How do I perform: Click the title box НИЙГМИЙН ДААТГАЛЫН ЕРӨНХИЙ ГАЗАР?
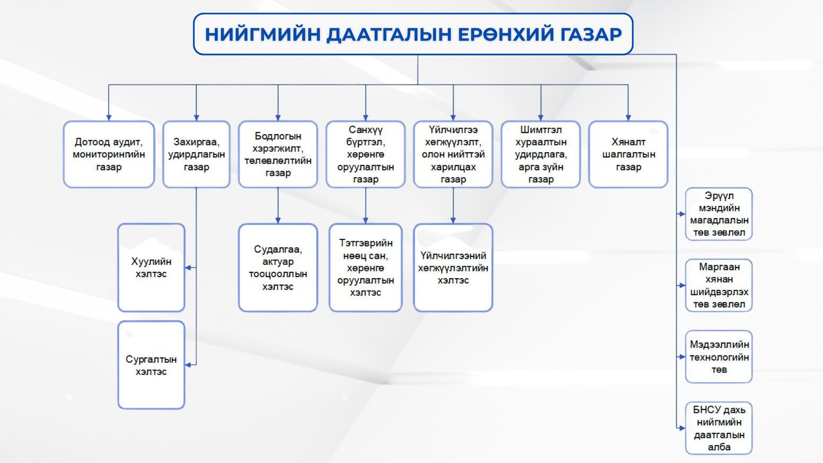point(413,34)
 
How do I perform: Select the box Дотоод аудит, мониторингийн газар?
point(109,154)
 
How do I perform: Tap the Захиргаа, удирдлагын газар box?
point(196,154)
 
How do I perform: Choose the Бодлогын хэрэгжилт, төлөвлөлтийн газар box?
point(278,154)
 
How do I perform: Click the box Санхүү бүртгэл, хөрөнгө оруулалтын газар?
point(365,154)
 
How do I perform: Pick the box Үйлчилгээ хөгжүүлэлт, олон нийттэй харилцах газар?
point(453,154)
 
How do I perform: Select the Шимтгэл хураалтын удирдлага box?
point(541,154)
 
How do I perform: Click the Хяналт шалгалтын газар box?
point(628,154)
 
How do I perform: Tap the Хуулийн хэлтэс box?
point(151,268)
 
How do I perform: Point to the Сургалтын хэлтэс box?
point(151,365)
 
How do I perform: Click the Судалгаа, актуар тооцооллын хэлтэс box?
point(278,268)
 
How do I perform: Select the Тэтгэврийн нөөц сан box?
point(365,268)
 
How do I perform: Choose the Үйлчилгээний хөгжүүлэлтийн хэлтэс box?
point(453,268)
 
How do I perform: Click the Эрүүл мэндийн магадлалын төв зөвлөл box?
point(719,214)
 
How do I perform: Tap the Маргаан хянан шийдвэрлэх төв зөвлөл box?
point(719,286)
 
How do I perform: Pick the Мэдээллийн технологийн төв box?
point(719,357)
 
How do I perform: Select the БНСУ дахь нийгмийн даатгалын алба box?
point(719,428)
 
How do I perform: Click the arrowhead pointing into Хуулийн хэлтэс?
point(188,268)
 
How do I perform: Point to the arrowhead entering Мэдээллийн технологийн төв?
point(682,357)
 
